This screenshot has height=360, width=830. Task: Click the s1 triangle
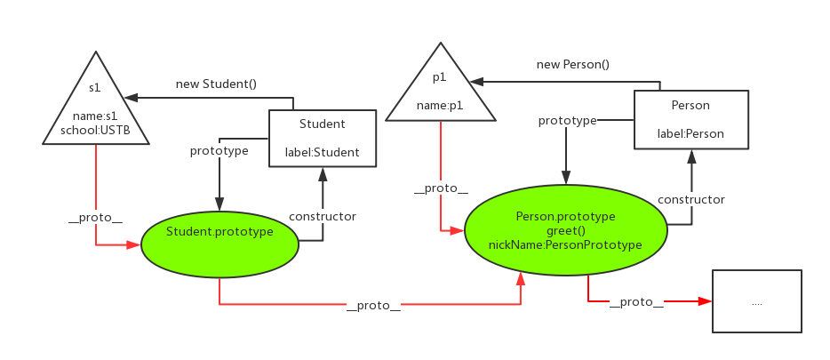tap(96, 106)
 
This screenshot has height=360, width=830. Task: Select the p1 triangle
tap(441, 90)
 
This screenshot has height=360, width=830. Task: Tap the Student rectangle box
tap(323, 138)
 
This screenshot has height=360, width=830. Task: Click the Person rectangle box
tap(690, 119)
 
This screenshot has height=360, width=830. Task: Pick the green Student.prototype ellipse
tap(220, 241)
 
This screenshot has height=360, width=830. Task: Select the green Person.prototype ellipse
tap(565, 229)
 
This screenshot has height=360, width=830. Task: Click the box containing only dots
tap(757, 300)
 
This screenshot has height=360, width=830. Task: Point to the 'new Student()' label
tap(216, 84)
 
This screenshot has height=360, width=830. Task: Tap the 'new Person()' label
tap(573, 65)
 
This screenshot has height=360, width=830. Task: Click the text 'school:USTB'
tap(96, 131)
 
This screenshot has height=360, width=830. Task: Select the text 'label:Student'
tap(323, 153)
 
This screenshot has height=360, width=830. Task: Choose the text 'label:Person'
tap(690, 133)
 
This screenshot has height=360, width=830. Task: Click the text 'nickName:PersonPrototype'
tap(565, 244)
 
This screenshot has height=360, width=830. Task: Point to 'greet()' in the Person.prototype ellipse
tap(565, 231)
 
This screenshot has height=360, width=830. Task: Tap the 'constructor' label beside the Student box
tap(323, 217)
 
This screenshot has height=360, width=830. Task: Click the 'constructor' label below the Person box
tap(690, 200)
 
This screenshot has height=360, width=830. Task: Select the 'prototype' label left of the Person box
tap(567, 121)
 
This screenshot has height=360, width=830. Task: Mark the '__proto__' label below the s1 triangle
tap(96, 218)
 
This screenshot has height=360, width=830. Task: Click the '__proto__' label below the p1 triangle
tap(441, 189)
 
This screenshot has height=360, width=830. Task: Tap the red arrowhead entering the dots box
tap(706, 301)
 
